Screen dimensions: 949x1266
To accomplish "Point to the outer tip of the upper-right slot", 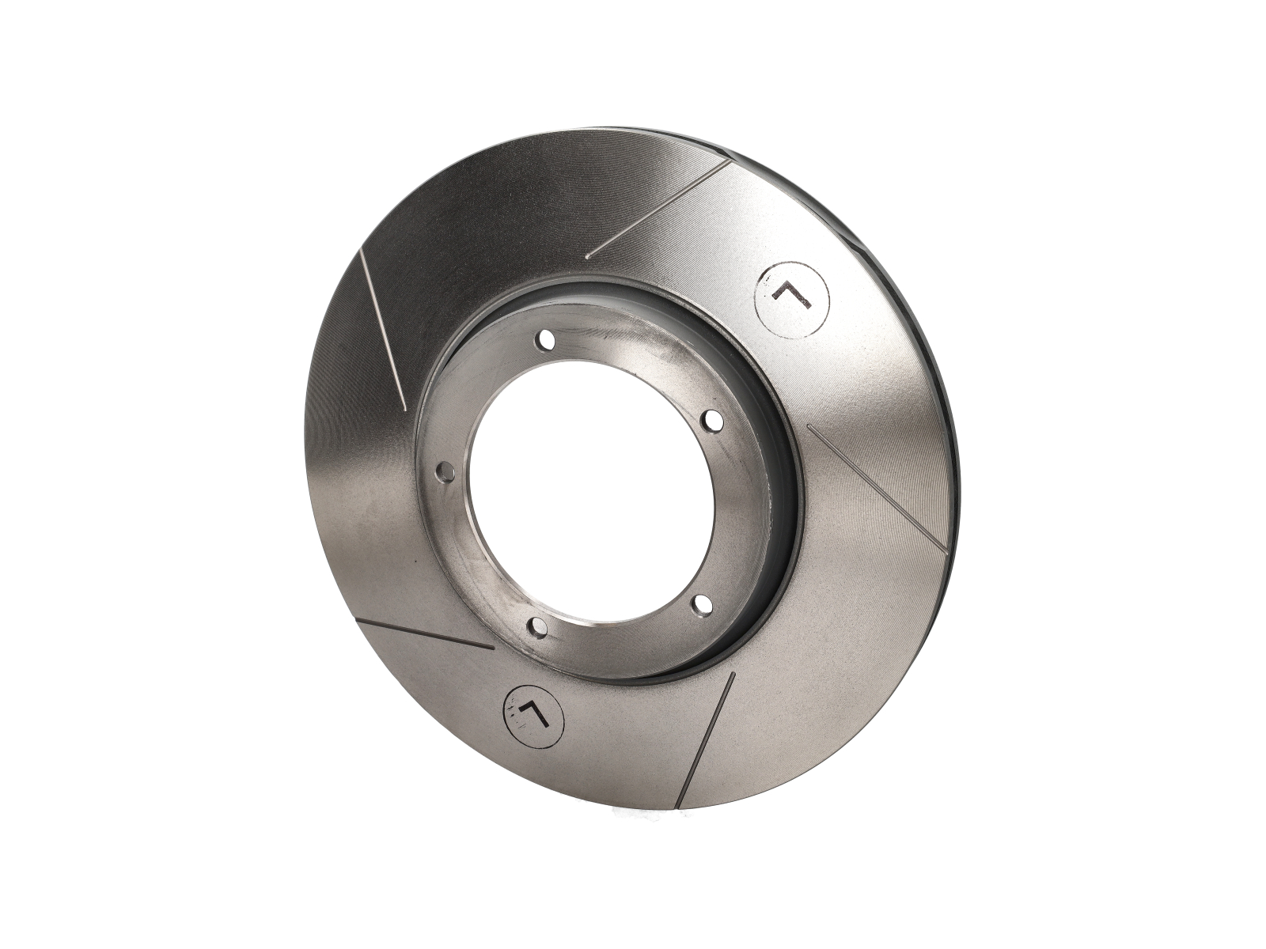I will (x=729, y=161).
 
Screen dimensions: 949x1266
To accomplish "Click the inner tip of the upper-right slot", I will (x=589, y=257).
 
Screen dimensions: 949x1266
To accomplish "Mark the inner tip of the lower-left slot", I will (x=493, y=648).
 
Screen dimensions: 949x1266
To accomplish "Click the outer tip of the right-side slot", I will (x=946, y=547).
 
